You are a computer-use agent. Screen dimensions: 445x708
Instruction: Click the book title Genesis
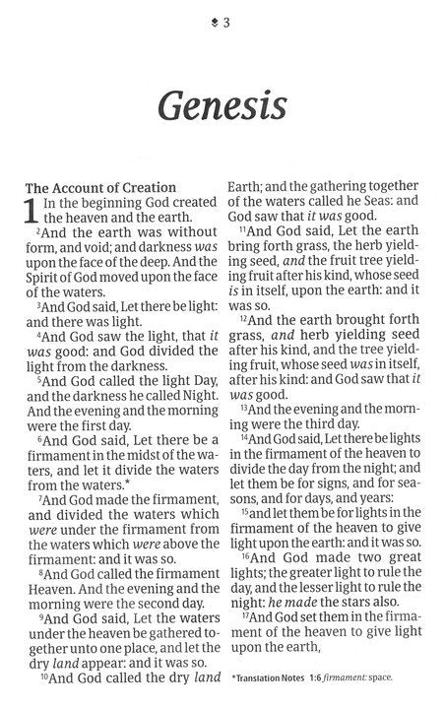point(222,101)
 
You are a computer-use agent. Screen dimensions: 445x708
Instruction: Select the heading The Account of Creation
point(99,187)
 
